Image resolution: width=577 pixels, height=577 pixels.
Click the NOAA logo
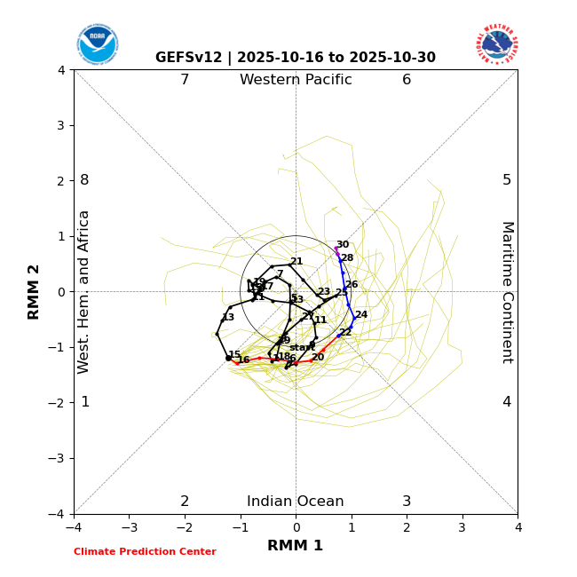coord(97,43)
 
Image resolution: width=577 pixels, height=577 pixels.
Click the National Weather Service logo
coord(496,43)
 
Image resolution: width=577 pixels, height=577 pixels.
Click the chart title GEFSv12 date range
coord(296,58)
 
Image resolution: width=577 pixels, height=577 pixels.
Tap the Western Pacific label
coord(296,80)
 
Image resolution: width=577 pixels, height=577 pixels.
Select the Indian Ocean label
coord(296,502)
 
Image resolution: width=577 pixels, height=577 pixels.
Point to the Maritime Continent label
coord(507,292)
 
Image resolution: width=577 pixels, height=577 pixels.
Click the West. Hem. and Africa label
coord(84,292)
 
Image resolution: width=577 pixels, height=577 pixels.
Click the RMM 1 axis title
coord(296,546)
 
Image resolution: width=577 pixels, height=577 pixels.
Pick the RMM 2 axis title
coord(35,292)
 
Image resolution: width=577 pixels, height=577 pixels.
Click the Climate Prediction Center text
coord(145,552)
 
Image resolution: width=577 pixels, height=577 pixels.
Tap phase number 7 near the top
coord(185,80)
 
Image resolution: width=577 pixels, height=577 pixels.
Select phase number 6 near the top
coord(407,80)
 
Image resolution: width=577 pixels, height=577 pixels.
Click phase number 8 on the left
coord(85,180)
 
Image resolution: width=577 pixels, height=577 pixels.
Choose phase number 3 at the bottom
coord(407,502)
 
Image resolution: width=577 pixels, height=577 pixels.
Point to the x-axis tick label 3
coord(462,527)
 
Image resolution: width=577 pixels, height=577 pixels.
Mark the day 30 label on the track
coord(343,245)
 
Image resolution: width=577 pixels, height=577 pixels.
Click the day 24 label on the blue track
coord(361,315)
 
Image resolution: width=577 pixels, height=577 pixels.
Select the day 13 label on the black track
coord(228,318)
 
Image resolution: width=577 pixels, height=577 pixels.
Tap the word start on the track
coord(302,348)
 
